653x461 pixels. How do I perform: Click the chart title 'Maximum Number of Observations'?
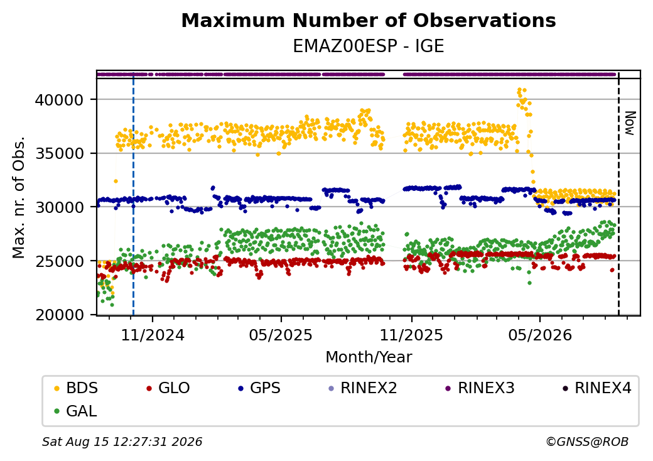pos(369,20)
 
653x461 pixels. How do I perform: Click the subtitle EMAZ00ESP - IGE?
pos(369,46)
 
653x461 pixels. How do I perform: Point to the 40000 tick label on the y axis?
pos(59,100)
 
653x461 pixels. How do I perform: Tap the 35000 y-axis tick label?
pos(59,154)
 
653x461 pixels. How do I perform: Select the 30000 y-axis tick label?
pos(59,207)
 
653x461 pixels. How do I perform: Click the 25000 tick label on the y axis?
pos(59,261)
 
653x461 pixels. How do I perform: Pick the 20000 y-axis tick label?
pos(59,315)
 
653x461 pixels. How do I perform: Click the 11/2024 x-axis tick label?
pos(153,335)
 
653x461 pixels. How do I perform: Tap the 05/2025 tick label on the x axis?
pos(281,335)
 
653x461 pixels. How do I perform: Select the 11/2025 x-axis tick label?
pos(411,335)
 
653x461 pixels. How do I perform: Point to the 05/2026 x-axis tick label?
pos(540,335)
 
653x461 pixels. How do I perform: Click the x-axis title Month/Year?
pos(369,357)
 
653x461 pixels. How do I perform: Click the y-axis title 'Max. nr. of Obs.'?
pos(19,197)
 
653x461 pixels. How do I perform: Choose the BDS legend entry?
pos(76,388)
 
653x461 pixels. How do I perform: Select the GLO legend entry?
pos(168,388)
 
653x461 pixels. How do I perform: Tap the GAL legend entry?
pos(76,411)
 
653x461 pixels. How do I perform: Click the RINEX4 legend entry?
pos(596,388)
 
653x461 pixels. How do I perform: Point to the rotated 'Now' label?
pos(630,123)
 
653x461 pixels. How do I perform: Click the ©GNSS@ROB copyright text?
pos(587,442)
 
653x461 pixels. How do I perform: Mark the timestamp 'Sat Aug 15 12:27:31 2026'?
pos(122,442)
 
